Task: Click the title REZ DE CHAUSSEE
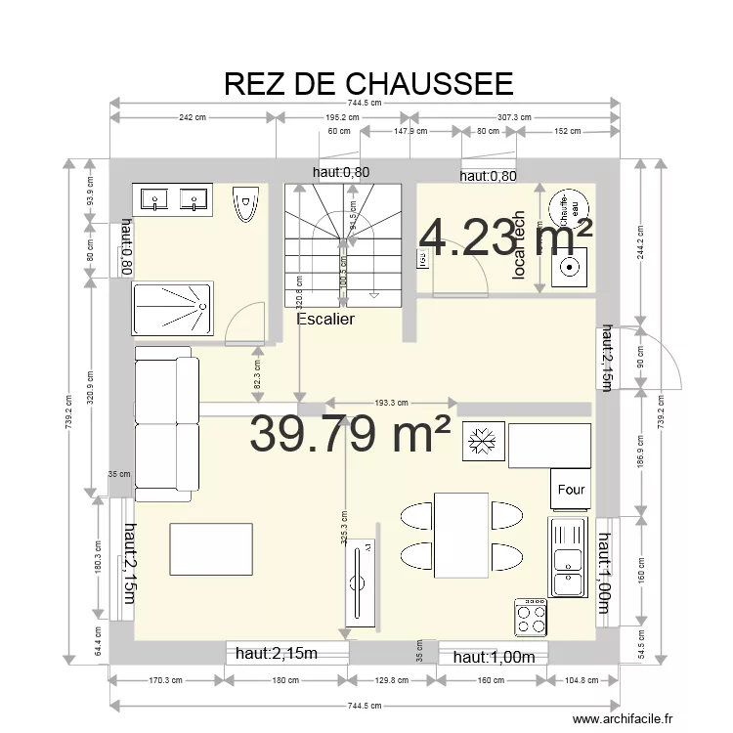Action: [x=367, y=83]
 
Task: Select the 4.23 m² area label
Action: [x=505, y=237]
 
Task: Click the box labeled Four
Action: [x=571, y=490]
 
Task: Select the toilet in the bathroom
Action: [x=245, y=204]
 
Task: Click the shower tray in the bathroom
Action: [x=172, y=309]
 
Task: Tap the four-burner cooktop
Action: [x=531, y=617]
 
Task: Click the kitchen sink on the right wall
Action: [x=567, y=557]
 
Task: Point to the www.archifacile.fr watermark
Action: [x=624, y=718]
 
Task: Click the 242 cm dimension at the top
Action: [x=192, y=117]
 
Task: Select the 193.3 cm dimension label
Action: [x=391, y=402]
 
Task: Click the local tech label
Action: [x=519, y=247]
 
